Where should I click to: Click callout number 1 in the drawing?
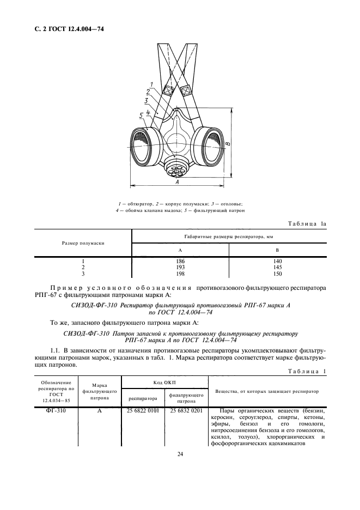click(152, 84)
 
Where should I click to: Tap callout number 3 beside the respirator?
click(146, 100)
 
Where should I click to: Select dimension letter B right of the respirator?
click(229, 144)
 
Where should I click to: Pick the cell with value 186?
click(180, 261)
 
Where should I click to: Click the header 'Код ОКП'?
click(164, 382)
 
